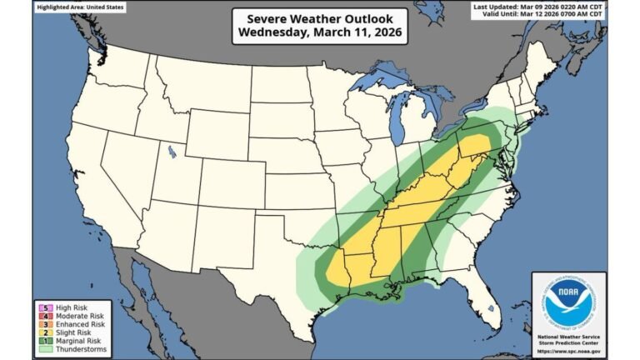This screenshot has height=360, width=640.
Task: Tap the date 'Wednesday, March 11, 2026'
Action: [x=320, y=33]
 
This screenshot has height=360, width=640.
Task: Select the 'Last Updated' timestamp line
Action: [x=538, y=6]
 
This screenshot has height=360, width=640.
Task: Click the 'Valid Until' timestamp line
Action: [x=538, y=13]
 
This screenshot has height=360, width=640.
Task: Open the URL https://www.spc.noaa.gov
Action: [x=569, y=352]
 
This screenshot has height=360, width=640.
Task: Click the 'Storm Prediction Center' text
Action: [x=569, y=344]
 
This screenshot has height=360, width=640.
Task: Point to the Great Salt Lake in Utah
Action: [x=172, y=152]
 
